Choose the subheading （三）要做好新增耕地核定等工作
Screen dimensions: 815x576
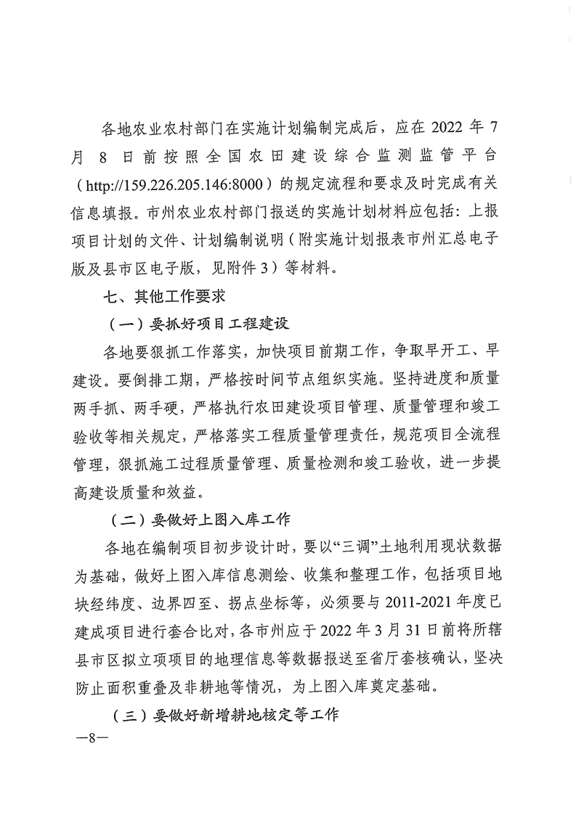227,716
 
